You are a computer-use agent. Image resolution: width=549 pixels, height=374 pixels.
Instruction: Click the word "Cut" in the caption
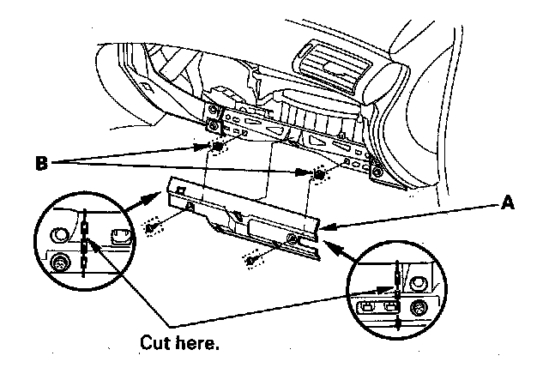click(158, 343)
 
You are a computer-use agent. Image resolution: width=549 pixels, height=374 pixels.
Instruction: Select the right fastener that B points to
click(319, 175)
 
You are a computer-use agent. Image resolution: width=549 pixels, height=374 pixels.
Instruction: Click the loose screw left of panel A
click(154, 229)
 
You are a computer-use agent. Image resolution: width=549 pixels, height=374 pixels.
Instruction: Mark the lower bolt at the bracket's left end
click(210, 124)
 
